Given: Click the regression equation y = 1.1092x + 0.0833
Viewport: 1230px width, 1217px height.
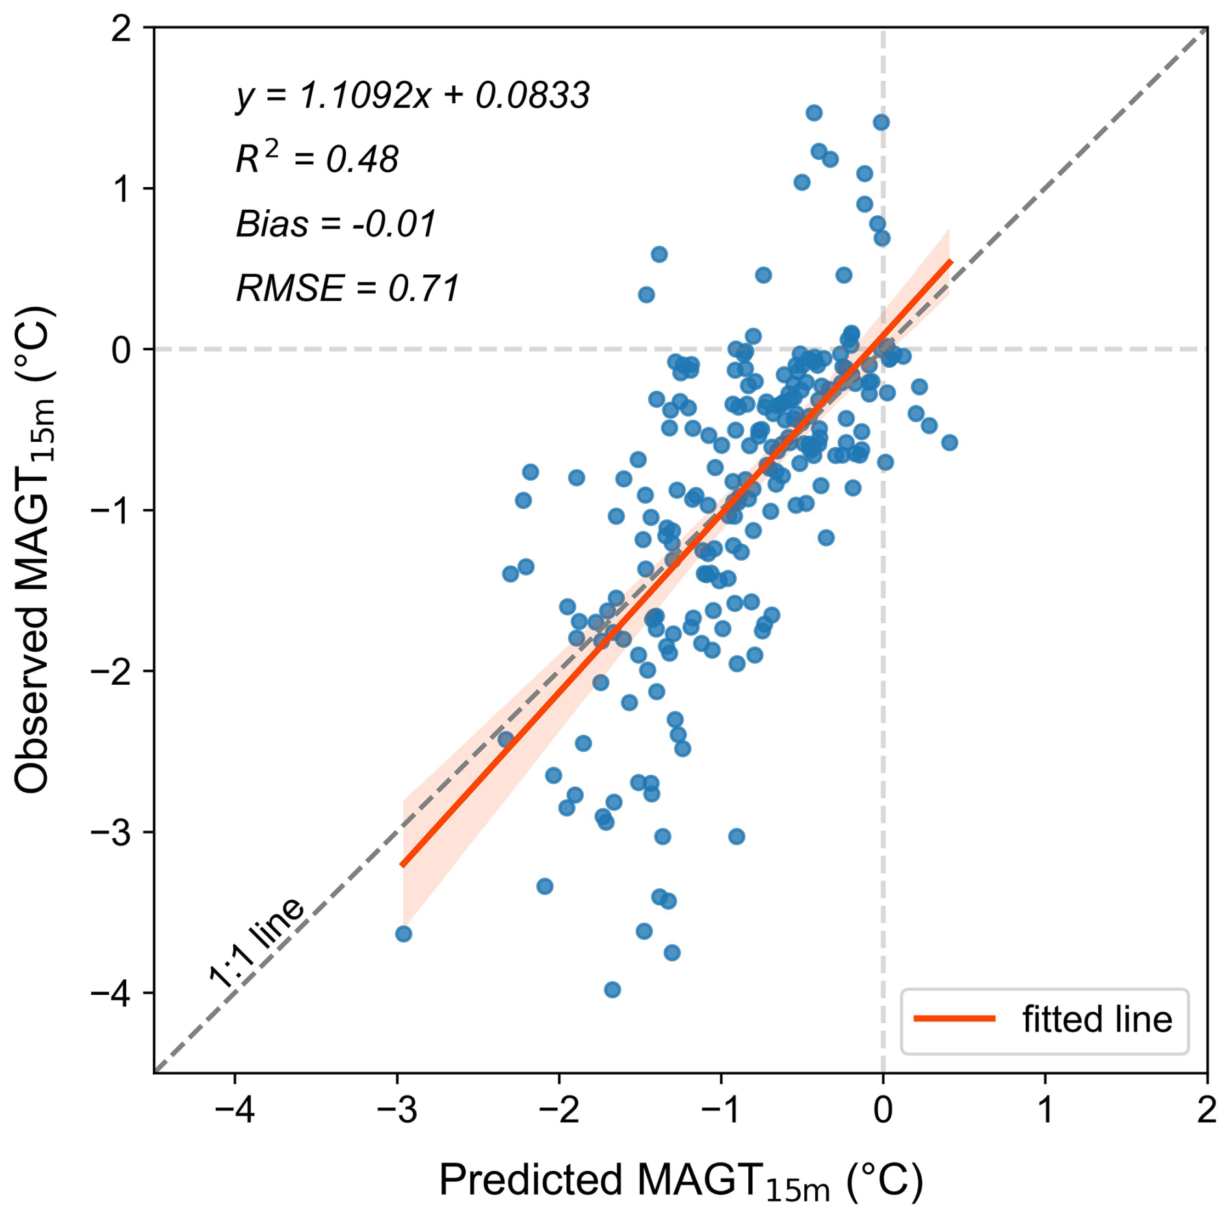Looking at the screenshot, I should coord(412,96).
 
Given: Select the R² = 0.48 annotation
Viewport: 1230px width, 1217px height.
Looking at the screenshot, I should coord(317,159).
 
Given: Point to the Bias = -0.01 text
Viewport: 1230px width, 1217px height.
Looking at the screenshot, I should coord(335,224).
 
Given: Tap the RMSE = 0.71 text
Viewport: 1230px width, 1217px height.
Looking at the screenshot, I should coord(348,288).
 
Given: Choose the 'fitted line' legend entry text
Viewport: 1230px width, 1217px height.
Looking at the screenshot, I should coord(1097,1019).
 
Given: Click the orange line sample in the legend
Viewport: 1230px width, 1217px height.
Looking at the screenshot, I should coord(954,1019).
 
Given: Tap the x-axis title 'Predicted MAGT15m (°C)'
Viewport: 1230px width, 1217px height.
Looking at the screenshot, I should coord(680,1180).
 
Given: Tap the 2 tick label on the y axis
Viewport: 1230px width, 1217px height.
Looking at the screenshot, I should coord(122,29).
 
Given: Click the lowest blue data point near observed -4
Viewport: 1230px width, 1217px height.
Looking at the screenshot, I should coord(612,990).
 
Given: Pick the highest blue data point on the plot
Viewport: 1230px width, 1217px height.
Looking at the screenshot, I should coord(813,113).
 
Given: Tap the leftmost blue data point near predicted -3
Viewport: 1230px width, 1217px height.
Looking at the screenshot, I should coord(403,934).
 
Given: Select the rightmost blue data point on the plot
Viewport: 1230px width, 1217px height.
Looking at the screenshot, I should coord(949,442).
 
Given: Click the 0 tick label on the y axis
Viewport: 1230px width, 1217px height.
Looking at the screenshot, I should coord(122,350).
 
